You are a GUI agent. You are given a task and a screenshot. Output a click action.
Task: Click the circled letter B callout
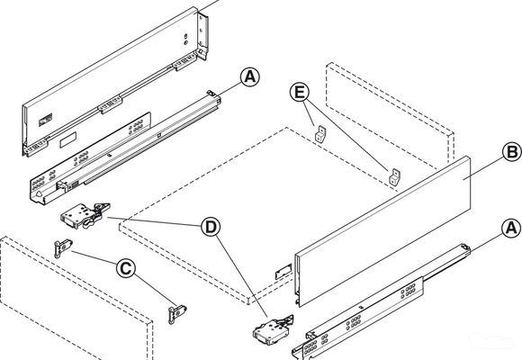coord(512,152)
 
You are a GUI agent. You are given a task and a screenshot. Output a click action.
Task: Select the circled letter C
coord(125,268)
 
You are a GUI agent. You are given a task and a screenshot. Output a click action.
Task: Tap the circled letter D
coord(211,227)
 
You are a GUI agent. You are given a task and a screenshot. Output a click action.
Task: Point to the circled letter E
coord(300,92)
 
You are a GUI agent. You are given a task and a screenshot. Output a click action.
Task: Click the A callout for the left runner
coord(250,77)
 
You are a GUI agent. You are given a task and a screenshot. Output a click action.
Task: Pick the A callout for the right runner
coord(511,229)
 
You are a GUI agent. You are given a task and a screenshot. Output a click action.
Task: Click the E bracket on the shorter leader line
coord(319,134)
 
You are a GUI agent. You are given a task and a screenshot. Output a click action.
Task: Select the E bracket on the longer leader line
coord(394,176)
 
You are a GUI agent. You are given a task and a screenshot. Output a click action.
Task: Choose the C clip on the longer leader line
coord(176,314)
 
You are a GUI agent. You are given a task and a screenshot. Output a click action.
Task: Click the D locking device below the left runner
coord(85,216)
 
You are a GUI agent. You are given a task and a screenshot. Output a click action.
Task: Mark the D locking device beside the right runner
coord(273,330)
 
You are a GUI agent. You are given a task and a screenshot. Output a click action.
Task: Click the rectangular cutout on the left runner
coord(67,139)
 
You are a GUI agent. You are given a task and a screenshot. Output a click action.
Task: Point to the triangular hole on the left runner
coord(39,194)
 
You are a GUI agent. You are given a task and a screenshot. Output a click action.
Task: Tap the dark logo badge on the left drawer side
coord(46,120)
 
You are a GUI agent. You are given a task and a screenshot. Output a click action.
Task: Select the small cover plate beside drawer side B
coord(283,271)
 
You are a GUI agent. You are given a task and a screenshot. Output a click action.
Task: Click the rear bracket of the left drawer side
coord(202,36)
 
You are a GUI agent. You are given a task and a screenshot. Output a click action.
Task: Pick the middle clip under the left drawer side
coord(111,104)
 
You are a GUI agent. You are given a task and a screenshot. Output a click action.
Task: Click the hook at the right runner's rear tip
coord(465,247)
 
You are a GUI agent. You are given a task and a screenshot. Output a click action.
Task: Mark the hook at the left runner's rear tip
coord(211,93)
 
